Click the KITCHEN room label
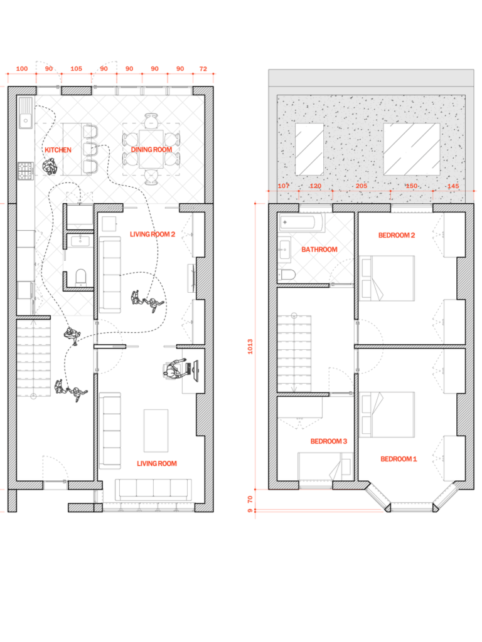(58, 150)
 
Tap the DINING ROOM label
(151, 149)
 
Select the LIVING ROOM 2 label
(153, 234)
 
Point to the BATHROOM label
(319, 250)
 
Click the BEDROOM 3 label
(329, 441)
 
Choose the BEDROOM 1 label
(399, 459)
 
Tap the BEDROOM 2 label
(397, 235)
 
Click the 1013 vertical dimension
(250, 346)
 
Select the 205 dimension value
(361, 186)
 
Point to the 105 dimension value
(76, 69)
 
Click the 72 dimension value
(203, 69)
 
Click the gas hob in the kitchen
(25, 171)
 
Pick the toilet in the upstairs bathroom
(287, 275)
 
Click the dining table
(151, 149)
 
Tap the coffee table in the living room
(156, 430)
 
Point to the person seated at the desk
(176, 370)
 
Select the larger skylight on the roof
(412, 149)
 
